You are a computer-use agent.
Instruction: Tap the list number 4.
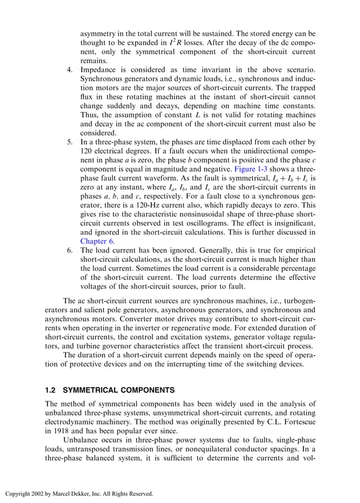click(x=70, y=71)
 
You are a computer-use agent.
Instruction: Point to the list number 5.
click(x=70, y=142)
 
